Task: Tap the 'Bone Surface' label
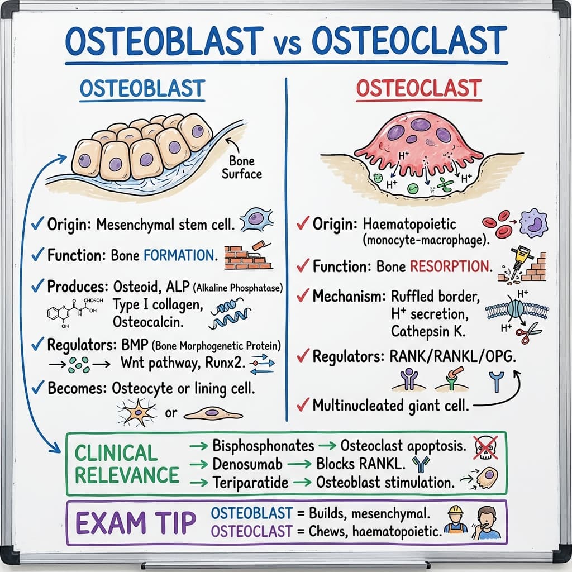click(241, 168)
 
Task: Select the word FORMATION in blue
click(179, 256)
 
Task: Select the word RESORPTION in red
click(451, 266)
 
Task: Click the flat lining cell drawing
click(213, 413)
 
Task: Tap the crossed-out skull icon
click(485, 447)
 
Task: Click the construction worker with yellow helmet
click(455, 519)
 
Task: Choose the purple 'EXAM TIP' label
click(136, 522)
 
